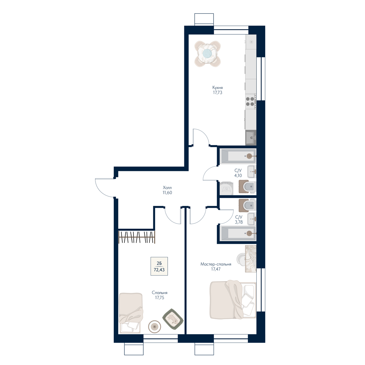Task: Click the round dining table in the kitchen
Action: [208, 54]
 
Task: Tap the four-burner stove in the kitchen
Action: [251, 102]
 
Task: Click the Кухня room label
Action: [217, 88]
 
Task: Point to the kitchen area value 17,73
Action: [217, 93]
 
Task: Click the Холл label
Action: [167, 188]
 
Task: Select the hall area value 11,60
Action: [167, 193]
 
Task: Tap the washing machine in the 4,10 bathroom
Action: [226, 189]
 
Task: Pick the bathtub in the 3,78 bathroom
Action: [238, 234]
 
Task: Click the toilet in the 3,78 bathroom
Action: [247, 205]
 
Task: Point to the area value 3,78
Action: [239, 222]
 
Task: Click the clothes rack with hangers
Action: [137, 237]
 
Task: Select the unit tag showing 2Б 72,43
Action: [159, 266]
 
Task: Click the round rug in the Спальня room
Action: [155, 327]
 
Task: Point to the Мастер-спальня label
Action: [216, 264]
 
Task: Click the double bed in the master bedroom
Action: [233, 300]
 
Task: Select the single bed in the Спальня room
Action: [131, 313]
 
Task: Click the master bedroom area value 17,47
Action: [216, 269]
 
